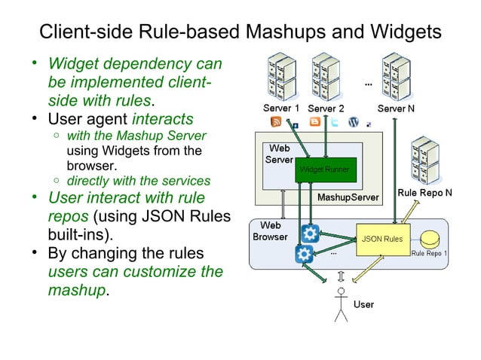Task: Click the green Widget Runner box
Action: click(324, 170)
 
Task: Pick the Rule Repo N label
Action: click(424, 193)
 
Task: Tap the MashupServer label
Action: click(347, 197)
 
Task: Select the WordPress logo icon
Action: click(354, 122)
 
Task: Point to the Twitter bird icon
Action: click(334, 122)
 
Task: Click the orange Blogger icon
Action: click(314, 122)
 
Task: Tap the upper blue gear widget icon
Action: click(309, 233)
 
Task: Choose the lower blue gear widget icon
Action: click(305, 254)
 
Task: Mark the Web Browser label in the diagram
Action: click(271, 230)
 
